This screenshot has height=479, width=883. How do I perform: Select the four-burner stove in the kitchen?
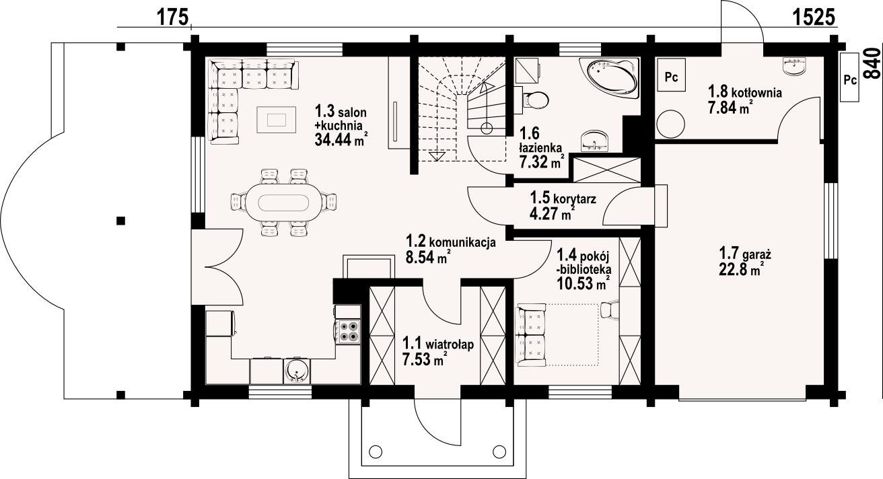pyautogui.click(x=349, y=331)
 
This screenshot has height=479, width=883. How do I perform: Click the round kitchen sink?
pyautogui.click(x=296, y=371)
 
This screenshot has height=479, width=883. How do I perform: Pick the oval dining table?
pyautogui.click(x=283, y=203)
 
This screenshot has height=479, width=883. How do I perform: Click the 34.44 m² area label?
pyautogui.click(x=341, y=139)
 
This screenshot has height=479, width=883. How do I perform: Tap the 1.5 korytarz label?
pyautogui.click(x=563, y=198)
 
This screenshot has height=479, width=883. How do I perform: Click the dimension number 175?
pyautogui.click(x=173, y=17)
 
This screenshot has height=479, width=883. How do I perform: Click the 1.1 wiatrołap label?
pyautogui.click(x=438, y=344)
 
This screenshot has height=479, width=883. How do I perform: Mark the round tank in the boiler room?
pyautogui.click(x=671, y=124)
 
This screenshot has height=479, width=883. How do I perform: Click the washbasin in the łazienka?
pyautogui.click(x=594, y=141)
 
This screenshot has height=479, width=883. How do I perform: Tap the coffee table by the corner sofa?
pyautogui.click(x=277, y=120)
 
